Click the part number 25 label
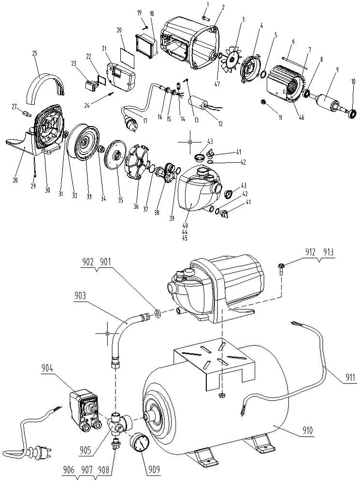[35, 53]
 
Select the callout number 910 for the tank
[307, 430]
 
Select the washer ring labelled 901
[158, 314]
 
